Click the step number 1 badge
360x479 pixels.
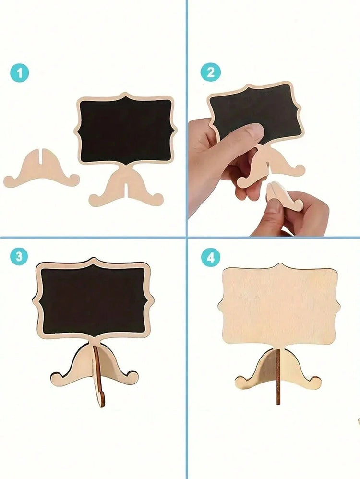[20, 73]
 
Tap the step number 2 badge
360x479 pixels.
[211, 72]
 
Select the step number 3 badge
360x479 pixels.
[19, 256]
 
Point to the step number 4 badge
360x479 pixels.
[211, 258]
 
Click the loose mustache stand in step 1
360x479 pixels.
[41, 169]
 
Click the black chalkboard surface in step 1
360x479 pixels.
[126, 131]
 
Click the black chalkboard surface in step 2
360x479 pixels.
[257, 113]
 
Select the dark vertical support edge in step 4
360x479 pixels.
[278, 376]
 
